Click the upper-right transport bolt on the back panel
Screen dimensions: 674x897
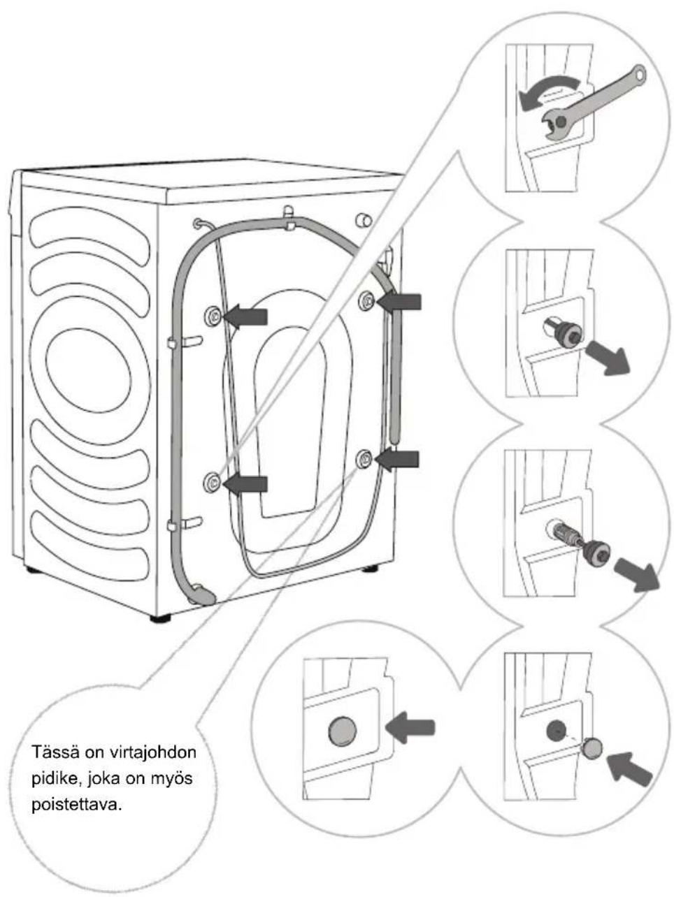coord(367,301)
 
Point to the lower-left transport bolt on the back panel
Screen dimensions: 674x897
coord(212,482)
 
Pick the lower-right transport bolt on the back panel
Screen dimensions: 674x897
coord(364,459)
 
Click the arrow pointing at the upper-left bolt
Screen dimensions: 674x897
coord(245,316)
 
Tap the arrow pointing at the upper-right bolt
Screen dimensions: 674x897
coord(399,302)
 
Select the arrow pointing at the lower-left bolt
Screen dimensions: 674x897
coord(245,484)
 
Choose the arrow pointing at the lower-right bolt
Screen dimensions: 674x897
coord(396,460)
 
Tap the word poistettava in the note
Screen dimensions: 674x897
coord(77,806)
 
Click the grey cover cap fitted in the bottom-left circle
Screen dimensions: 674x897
coord(343,731)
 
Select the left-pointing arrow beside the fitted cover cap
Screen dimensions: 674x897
coord(410,727)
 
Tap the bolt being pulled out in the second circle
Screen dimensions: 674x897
coord(565,333)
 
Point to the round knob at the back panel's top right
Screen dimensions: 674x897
coord(364,221)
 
